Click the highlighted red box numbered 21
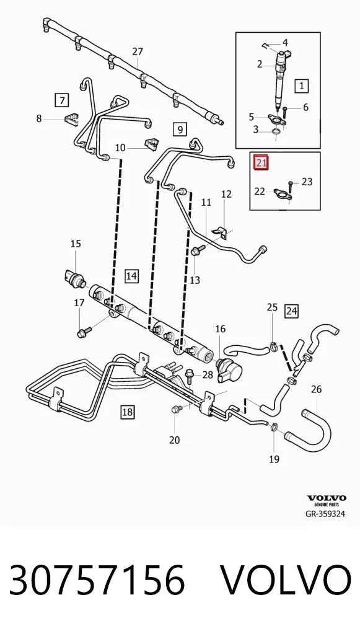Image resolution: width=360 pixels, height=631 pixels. pyautogui.click(x=260, y=162)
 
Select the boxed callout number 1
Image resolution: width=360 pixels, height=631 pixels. pyautogui.click(x=301, y=86)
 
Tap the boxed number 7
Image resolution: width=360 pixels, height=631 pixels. pyautogui.click(x=61, y=100)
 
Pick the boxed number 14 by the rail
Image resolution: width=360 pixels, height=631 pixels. pyautogui.click(x=131, y=276)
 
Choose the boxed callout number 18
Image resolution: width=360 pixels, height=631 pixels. pyautogui.click(x=127, y=412)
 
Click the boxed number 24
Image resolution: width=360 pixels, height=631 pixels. pyautogui.click(x=291, y=311)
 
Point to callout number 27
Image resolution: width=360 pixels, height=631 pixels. pyautogui.click(x=138, y=51)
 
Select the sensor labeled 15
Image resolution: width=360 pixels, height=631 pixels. pyautogui.click(x=74, y=277)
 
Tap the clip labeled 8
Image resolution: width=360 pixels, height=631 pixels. pyautogui.click(x=71, y=119)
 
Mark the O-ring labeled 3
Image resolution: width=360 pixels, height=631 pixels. pyautogui.click(x=276, y=131)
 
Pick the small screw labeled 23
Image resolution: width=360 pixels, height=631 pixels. pyautogui.click(x=291, y=185)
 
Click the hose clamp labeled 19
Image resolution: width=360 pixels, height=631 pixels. pyautogui.click(x=273, y=426)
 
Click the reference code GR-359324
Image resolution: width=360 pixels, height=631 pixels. pyautogui.click(x=325, y=513)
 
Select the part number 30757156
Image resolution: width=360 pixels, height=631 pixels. pyautogui.click(x=97, y=580)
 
